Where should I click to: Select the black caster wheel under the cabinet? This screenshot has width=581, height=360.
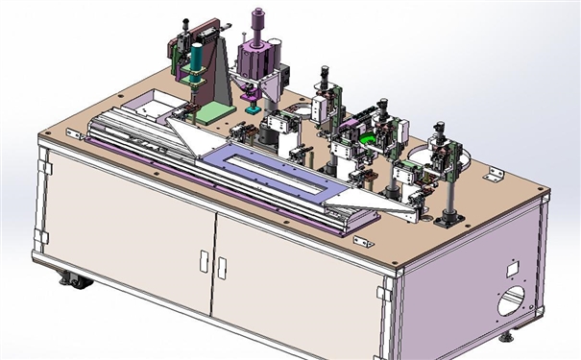(x=72, y=281)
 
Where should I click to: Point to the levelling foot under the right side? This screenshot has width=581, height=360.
(x=506, y=336)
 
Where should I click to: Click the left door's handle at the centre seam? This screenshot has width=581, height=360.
(x=204, y=261)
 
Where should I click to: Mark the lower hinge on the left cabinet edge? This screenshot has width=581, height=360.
(x=41, y=236)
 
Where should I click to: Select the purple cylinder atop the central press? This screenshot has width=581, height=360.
(x=258, y=19)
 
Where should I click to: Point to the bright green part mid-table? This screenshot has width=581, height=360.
(x=365, y=139)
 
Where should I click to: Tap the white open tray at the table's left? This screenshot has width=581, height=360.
(x=154, y=106)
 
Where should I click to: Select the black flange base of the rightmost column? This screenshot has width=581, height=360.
(x=446, y=222)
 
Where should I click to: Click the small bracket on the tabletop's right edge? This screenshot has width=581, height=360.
(x=496, y=174)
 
